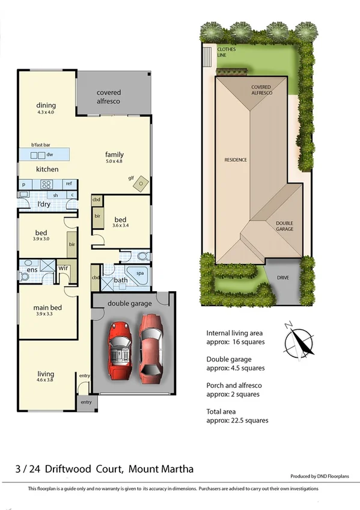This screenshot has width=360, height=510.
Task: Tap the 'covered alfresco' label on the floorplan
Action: tap(109, 97)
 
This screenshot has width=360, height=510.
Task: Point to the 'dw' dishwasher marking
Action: tap(50, 155)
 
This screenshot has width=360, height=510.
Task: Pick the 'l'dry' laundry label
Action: tap(43, 205)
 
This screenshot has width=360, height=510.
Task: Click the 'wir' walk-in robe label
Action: tap(63, 269)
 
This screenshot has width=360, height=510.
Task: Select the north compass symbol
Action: tap(299, 339)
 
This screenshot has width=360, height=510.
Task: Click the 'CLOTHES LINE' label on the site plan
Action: tap(227, 52)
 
